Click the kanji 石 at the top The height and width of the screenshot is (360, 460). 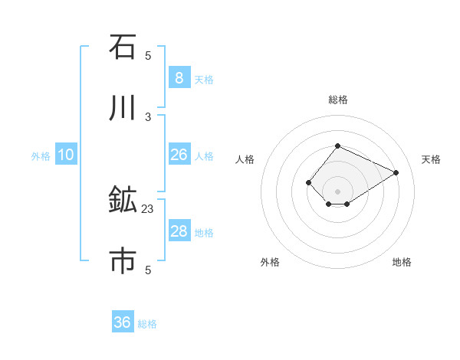(123, 47)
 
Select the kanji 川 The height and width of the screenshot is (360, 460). (123, 108)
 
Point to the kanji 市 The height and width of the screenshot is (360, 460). (123, 260)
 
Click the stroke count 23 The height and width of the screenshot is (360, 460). (148, 208)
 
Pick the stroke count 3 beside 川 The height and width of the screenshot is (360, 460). (148, 116)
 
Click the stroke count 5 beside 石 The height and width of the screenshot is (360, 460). (148, 56)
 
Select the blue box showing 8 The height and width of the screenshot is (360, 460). (179, 77)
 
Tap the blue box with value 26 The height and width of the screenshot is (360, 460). (179, 155)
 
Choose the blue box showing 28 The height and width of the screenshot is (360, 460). (179, 231)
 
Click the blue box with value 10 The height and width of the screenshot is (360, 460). (66, 155)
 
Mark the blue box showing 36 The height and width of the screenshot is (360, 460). (122, 322)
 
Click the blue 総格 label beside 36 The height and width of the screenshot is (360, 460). (148, 324)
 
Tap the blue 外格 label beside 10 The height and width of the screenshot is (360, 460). (41, 156)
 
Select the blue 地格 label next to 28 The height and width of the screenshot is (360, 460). (204, 233)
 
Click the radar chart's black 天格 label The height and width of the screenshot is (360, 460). (431, 159)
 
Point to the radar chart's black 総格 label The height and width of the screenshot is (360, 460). (337, 100)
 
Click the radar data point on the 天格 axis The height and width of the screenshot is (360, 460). (396, 172)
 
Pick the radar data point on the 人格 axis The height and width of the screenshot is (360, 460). (308, 182)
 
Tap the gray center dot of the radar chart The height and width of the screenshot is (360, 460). (337, 191)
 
